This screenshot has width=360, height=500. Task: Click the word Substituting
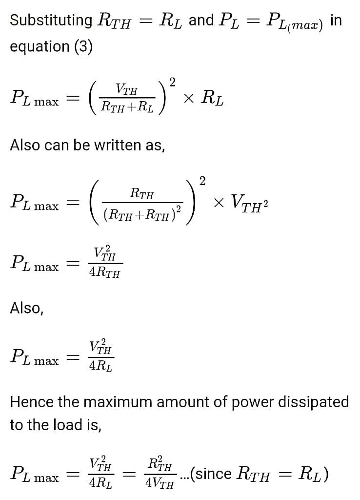[x=51, y=21]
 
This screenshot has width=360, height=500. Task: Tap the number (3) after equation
[x=83, y=47]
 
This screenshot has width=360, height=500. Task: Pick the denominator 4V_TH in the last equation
[x=160, y=484]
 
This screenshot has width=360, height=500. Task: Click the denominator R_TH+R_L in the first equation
[x=127, y=107]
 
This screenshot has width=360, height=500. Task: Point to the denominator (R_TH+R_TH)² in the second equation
[x=141, y=215]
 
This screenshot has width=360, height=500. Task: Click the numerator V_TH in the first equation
[x=127, y=90]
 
